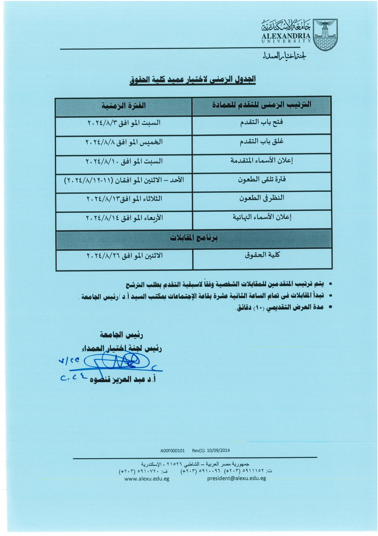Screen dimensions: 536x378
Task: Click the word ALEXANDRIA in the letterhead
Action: [x=286, y=36]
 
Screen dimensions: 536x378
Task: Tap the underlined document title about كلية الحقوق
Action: [x=193, y=79]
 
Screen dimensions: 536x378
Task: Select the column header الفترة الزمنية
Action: [x=123, y=106]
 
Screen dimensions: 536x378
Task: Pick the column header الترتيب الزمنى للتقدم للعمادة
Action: [x=262, y=105]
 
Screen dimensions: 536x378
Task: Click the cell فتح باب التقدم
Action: [x=262, y=122]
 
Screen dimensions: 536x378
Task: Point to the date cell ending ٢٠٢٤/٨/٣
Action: [x=124, y=123]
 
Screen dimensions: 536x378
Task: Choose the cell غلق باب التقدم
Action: [x=262, y=142]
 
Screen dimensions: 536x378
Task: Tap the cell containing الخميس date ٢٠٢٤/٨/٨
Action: [x=124, y=142]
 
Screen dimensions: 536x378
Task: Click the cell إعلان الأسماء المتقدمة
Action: [x=262, y=161]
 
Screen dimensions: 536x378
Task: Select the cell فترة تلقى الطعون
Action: [x=262, y=180]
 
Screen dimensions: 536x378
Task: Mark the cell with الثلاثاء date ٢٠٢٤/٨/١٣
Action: [x=124, y=199]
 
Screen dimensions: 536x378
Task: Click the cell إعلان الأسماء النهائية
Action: [x=262, y=217]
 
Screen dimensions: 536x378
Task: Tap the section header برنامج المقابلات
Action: [x=194, y=238]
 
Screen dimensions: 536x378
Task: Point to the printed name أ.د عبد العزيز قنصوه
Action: [x=123, y=380]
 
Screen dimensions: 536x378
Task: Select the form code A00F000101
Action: [x=173, y=450]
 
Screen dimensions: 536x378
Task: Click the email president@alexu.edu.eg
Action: [x=237, y=478]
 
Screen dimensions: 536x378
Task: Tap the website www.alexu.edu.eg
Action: [x=147, y=479]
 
